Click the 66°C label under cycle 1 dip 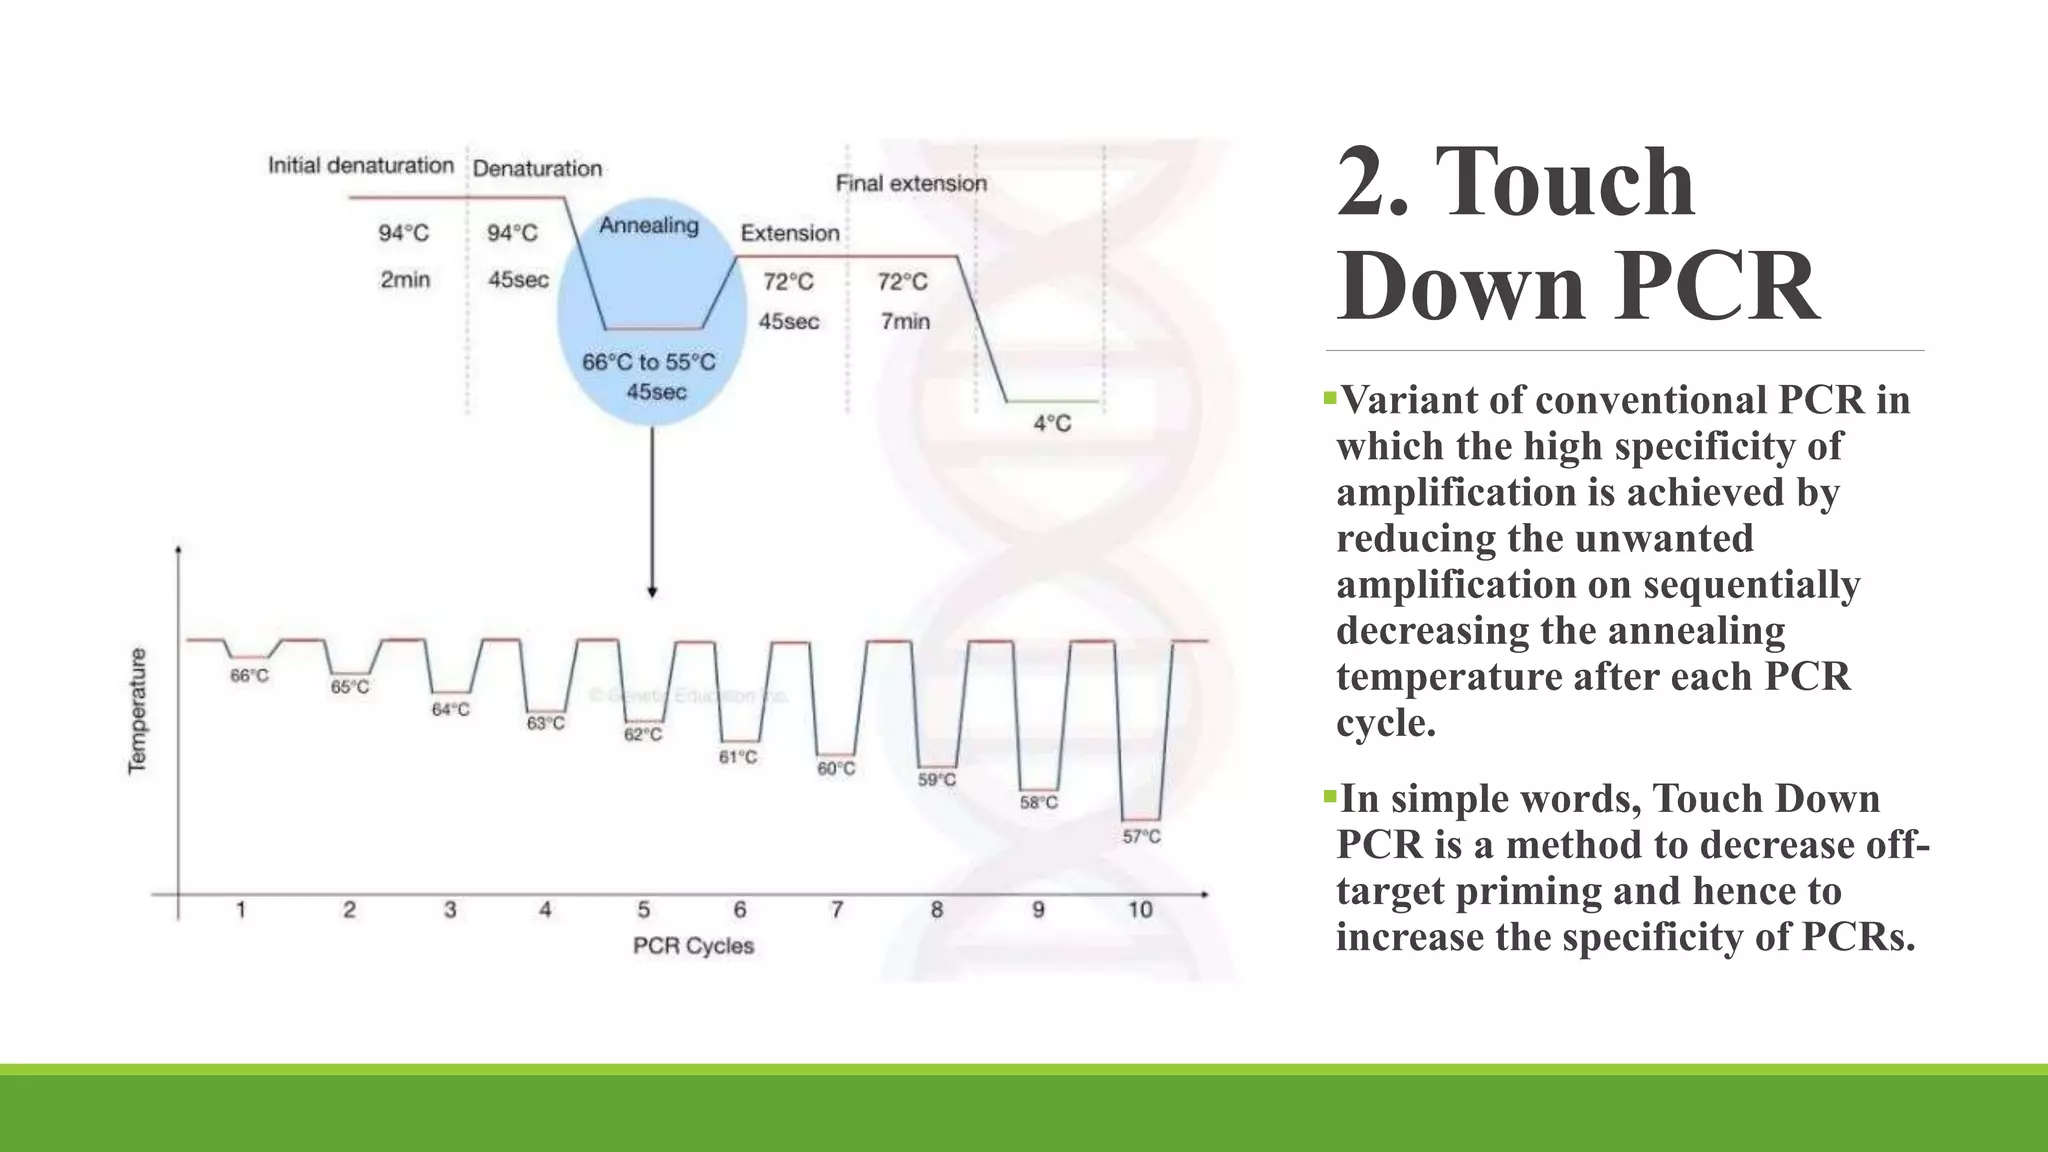click(249, 676)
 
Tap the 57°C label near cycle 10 click(1141, 836)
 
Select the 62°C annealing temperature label click(643, 734)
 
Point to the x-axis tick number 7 click(837, 909)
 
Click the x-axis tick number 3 click(450, 909)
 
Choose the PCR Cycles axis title click(693, 945)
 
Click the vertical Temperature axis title click(137, 711)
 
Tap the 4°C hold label click(1052, 423)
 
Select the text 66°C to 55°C click(649, 362)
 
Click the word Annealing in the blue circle click(649, 226)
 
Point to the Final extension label click(911, 184)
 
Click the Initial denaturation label click(361, 165)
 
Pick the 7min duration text click(905, 321)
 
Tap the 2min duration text click(405, 279)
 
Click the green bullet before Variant click(1329, 398)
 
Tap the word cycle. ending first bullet click(1386, 723)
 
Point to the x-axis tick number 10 click(1140, 909)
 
